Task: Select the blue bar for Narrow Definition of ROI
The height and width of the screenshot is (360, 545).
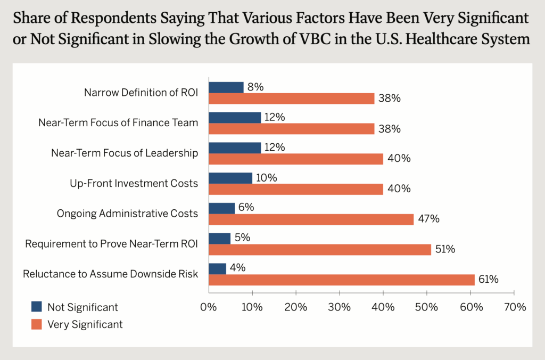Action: coord(226,87)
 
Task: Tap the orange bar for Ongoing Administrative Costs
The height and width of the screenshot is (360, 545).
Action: coord(311,219)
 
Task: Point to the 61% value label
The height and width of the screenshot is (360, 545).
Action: coord(487,280)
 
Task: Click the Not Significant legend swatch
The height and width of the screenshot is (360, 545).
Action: coord(37,307)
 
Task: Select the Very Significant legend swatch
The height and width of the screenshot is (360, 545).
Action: coord(37,324)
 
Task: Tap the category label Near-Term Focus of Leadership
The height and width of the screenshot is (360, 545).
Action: coord(125,153)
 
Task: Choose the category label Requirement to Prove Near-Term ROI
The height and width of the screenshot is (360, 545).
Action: coord(112,244)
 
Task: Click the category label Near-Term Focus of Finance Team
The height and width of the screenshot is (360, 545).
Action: coord(118,123)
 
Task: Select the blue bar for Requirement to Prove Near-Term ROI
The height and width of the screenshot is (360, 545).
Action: coord(219,239)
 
